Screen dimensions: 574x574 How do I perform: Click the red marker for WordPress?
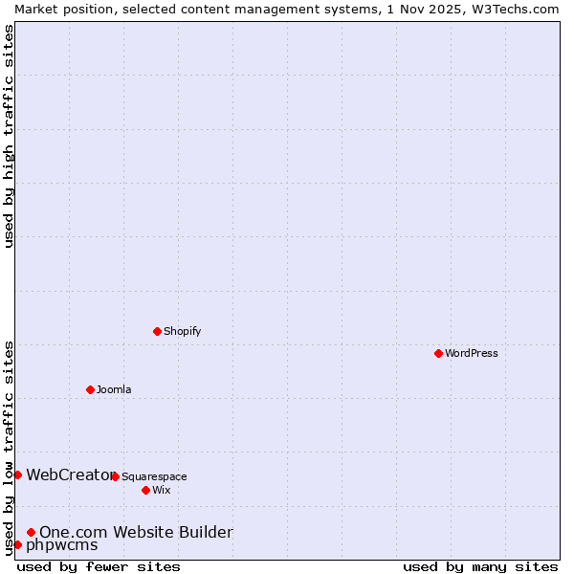pyautogui.click(x=438, y=353)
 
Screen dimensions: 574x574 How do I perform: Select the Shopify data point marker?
pyautogui.click(x=157, y=331)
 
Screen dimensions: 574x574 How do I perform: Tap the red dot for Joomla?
pyautogui.click(x=90, y=389)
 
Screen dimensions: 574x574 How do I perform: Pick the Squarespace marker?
pyautogui.click(x=115, y=476)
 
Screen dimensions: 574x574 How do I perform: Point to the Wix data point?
pyautogui.click(x=145, y=490)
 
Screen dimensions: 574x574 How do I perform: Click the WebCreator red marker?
pyautogui.click(x=17, y=475)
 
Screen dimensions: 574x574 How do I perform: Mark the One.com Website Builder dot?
pyautogui.click(x=32, y=532)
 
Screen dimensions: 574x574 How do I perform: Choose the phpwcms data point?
pyautogui.click(x=17, y=544)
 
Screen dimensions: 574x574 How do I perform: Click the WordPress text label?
pyautogui.click(x=472, y=353)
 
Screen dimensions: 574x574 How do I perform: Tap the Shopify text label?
pyautogui.click(x=183, y=331)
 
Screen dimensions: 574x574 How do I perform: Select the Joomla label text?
pyautogui.click(x=114, y=389)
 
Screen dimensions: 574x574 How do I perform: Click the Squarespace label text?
pyautogui.click(x=155, y=476)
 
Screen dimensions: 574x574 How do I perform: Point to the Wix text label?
pyautogui.click(x=162, y=490)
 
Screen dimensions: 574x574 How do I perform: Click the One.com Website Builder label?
pyautogui.click(x=136, y=532)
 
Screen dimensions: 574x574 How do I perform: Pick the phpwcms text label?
pyautogui.click(x=62, y=544)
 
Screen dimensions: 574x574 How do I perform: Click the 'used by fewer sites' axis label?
pyautogui.click(x=99, y=566)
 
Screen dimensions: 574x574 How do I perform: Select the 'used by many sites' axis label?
pyautogui.click(x=480, y=566)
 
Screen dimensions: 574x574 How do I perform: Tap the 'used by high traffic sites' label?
pyautogui.click(x=9, y=136)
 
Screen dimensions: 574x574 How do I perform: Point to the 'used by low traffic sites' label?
pyautogui.click(x=9, y=448)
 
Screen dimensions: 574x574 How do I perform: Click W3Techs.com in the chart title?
pyautogui.click(x=513, y=9)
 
